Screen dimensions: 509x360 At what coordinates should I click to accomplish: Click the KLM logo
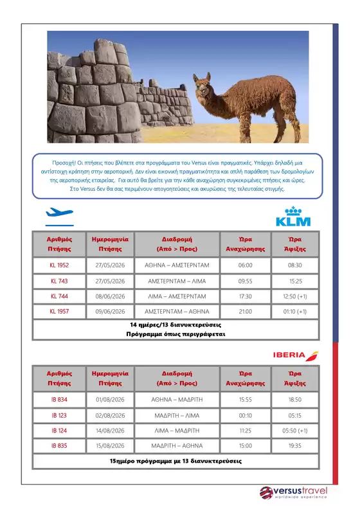click(x=292, y=217)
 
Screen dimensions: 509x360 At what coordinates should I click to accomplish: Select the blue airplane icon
click(x=59, y=213)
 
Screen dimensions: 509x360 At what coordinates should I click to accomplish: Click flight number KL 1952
click(x=59, y=265)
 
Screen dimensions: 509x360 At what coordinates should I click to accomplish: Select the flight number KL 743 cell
click(x=59, y=281)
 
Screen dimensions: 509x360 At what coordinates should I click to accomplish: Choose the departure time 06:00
click(x=245, y=265)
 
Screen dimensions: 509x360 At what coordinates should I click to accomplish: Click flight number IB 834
click(x=59, y=400)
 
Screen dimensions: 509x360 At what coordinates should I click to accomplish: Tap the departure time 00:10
click(x=245, y=415)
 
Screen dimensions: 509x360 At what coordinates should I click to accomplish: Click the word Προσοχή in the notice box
click(x=64, y=164)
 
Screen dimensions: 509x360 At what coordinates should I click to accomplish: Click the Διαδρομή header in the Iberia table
click(x=176, y=373)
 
